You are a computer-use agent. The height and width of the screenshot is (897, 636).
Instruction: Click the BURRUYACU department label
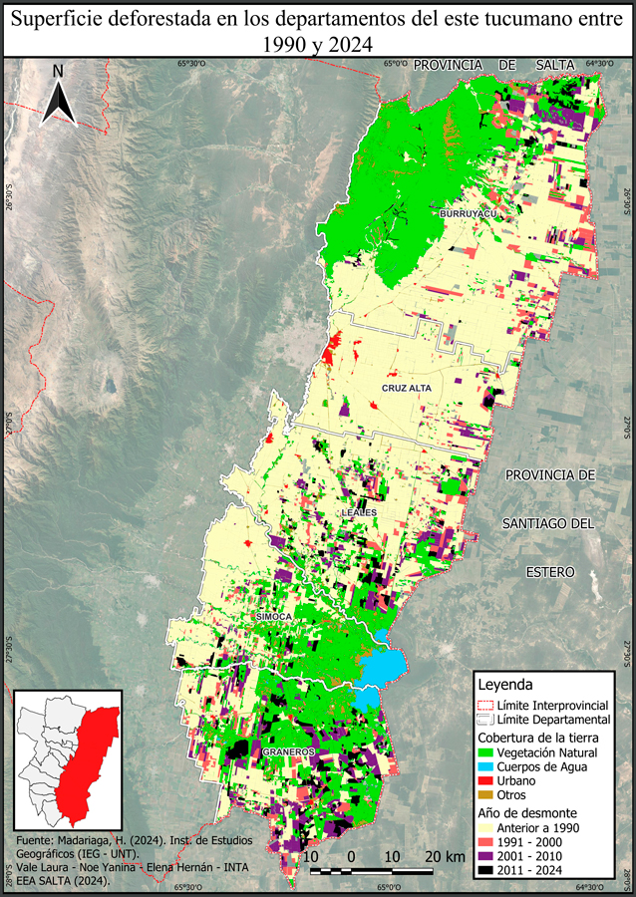[461, 213]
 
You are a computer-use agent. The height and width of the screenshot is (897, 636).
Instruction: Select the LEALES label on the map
[360, 511]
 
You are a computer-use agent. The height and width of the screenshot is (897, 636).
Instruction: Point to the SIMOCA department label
[274, 618]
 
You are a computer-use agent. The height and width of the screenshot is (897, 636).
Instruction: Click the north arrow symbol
[59, 96]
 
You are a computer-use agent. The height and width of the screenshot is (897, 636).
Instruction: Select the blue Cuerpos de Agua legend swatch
[488, 766]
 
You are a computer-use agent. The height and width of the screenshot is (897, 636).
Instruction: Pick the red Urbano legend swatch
[488, 780]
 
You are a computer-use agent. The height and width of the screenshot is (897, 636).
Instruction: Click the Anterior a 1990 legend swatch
[488, 827]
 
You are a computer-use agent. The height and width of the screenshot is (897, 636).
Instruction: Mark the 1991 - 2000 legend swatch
[488, 841]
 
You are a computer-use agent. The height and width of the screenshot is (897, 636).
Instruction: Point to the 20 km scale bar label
[444, 857]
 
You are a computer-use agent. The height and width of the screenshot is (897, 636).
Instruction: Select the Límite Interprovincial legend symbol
[488, 705]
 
